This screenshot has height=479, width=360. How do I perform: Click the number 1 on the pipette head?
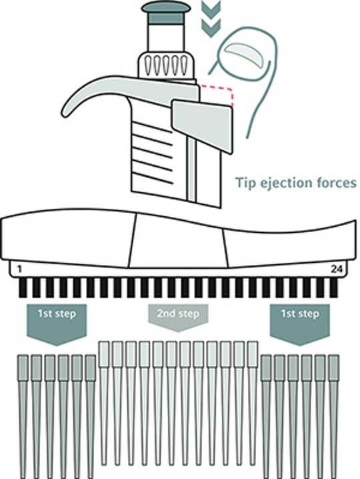click(20, 270)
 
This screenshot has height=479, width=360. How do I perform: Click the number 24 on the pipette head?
click(337, 270)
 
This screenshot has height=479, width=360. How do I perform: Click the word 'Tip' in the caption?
click(245, 183)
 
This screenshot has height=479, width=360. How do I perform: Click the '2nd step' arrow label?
click(178, 318)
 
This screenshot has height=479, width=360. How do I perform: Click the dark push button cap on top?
click(166, 12)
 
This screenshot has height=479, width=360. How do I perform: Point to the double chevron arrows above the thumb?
click(211, 19)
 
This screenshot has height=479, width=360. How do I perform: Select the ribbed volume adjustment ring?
click(167, 65)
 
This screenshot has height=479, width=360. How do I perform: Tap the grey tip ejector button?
click(202, 125)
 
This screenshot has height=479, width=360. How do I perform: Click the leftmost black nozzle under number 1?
click(23, 288)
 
